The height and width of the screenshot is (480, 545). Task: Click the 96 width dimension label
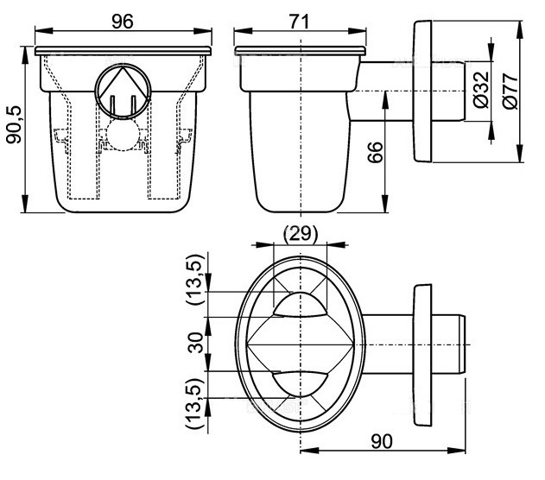coord(123,22)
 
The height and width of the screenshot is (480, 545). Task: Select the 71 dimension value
coord(299,22)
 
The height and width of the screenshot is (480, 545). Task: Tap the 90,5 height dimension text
coord(15,124)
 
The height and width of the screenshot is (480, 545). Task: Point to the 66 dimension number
coord(375,152)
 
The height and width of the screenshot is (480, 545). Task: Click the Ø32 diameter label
coord(481,90)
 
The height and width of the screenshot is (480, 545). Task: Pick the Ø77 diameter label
coord(510,92)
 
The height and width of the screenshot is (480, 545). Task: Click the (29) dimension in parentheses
coord(301,234)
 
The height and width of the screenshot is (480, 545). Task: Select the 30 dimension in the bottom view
coord(195,343)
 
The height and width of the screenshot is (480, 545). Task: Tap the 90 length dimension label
coord(382,441)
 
